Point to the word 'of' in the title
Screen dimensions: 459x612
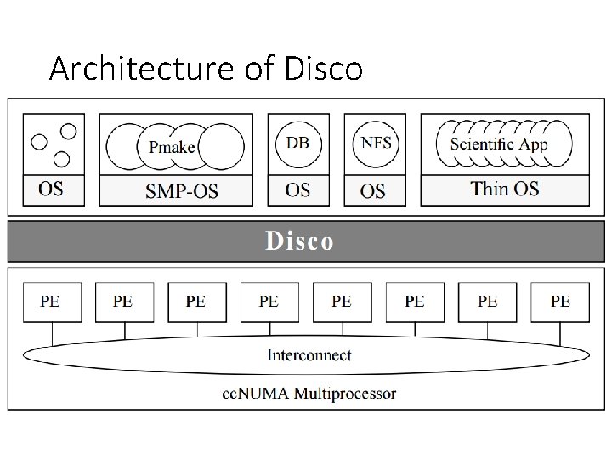pyautogui.click(x=256, y=68)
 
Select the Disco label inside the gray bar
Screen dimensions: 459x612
pyautogui.click(x=299, y=241)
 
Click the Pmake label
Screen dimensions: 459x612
pyautogui.click(x=173, y=147)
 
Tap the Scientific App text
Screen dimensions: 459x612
pyautogui.click(x=499, y=143)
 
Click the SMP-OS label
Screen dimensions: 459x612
pyautogui.click(x=181, y=191)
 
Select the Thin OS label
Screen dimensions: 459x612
pyautogui.click(x=505, y=188)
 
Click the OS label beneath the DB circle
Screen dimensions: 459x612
pyautogui.click(x=298, y=190)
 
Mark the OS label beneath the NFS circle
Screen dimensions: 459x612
pyautogui.click(x=372, y=191)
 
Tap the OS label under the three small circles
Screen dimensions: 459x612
pyautogui.click(x=51, y=189)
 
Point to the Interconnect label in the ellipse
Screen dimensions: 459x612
pyautogui.click(x=309, y=355)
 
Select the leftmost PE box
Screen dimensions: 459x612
pyautogui.click(x=50, y=303)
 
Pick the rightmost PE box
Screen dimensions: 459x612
pyautogui.click(x=560, y=303)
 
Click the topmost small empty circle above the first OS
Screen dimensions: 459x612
pyautogui.click(x=69, y=131)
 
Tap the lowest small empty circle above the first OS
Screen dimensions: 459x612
pyautogui.click(x=61, y=159)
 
